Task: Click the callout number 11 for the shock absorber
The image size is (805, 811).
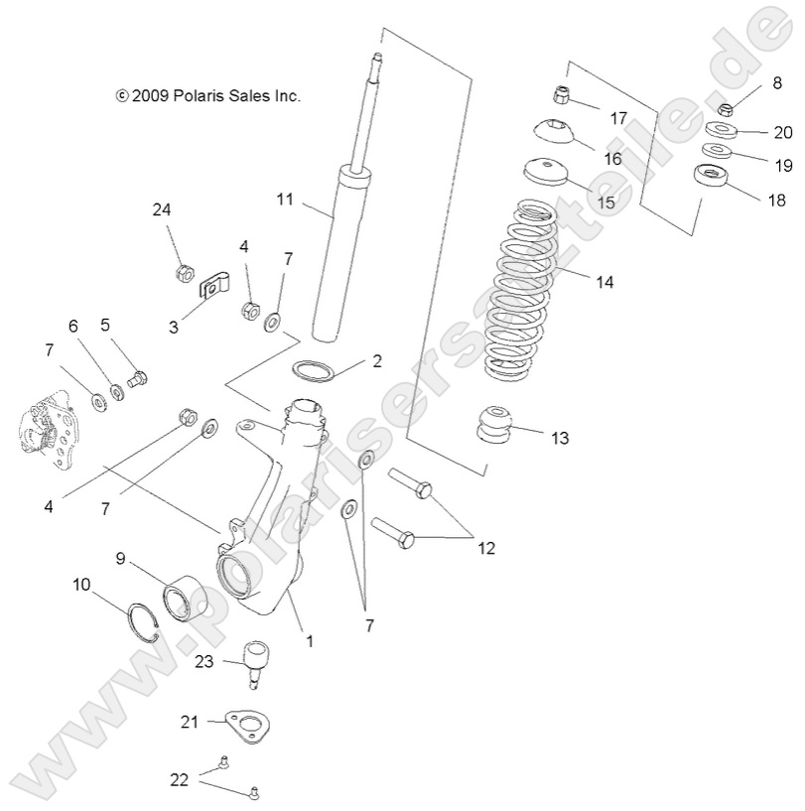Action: [x=286, y=200]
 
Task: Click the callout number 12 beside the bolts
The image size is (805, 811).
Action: [x=484, y=547]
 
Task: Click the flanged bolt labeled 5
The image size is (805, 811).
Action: [x=139, y=378]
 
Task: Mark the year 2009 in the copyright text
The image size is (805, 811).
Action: [x=151, y=96]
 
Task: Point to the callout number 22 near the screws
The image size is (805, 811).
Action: [x=179, y=779]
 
